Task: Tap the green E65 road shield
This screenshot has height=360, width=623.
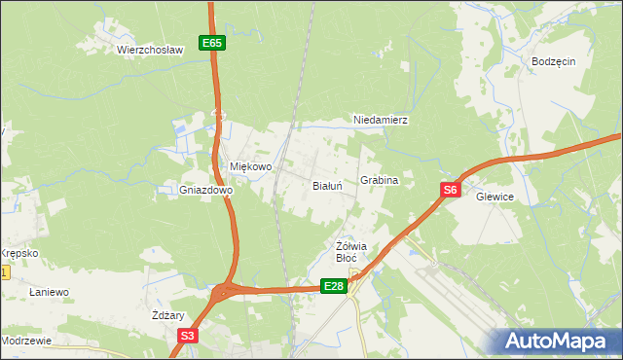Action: (x=213, y=43)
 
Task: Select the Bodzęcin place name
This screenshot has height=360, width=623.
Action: (x=554, y=60)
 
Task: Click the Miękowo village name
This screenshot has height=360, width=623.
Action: (x=250, y=166)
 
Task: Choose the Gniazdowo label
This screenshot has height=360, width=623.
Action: (x=205, y=191)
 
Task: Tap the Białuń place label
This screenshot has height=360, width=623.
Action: (x=326, y=185)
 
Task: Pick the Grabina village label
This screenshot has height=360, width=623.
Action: (x=380, y=181)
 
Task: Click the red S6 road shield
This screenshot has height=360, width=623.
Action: (x=450, y=191)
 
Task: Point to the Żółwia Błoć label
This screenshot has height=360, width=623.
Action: (x=348, y=251)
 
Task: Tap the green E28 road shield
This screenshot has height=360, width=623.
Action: (x=334, y=285)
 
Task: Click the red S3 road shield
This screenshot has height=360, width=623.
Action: (x=188, y=337)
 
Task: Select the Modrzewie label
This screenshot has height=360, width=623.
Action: (x=26, y=342)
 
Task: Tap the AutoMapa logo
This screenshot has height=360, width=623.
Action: (x=557, y=341)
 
